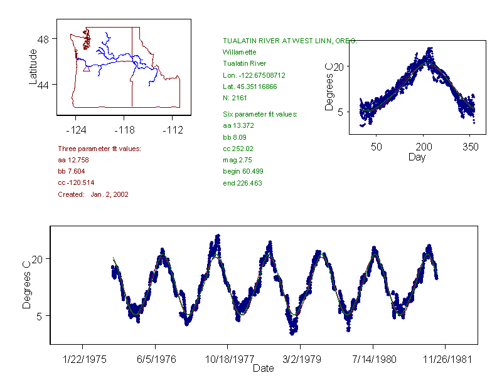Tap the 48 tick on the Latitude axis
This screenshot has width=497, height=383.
tap(43, 38)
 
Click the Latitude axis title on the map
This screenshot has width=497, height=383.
tap(33, 66)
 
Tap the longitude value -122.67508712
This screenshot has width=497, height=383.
tap(249, 75)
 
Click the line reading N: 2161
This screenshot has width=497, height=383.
tap(235, 98)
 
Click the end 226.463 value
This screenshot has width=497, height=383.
tap(242, 183)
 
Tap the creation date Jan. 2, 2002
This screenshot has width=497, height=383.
tap(109, 194)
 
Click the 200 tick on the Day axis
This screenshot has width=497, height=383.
tap(424, 147)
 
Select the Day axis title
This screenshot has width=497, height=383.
tap(417, 157)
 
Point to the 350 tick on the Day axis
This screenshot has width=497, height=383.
tap(471, 147)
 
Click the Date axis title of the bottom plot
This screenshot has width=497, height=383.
tap(263, 369)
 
